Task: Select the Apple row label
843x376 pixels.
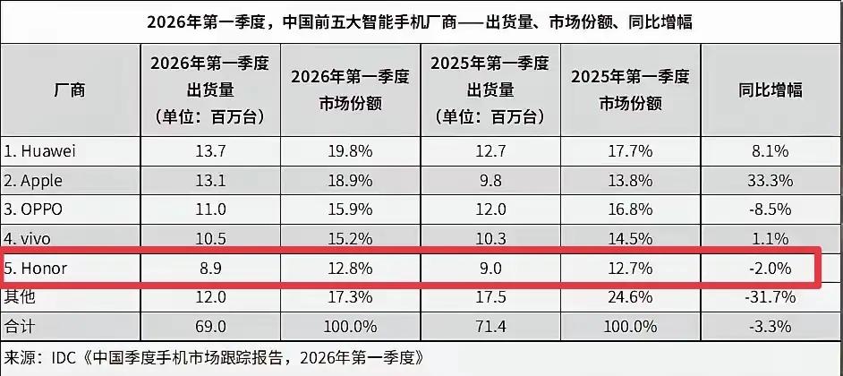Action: [33, 181]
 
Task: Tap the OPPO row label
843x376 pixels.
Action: [33, 210]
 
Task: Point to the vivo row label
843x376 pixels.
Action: [27, 239]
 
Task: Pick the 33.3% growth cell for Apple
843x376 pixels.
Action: [770, 181]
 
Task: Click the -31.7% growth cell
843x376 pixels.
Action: [770, 296]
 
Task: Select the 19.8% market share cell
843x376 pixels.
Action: [350, 151]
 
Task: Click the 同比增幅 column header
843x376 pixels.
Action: [770, 90]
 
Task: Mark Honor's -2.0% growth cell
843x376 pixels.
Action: [770, 268]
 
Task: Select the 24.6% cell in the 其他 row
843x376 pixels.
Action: [630, 296]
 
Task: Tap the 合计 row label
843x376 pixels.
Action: [20, 325]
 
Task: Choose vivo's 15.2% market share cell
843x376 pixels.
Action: [350, 239]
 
